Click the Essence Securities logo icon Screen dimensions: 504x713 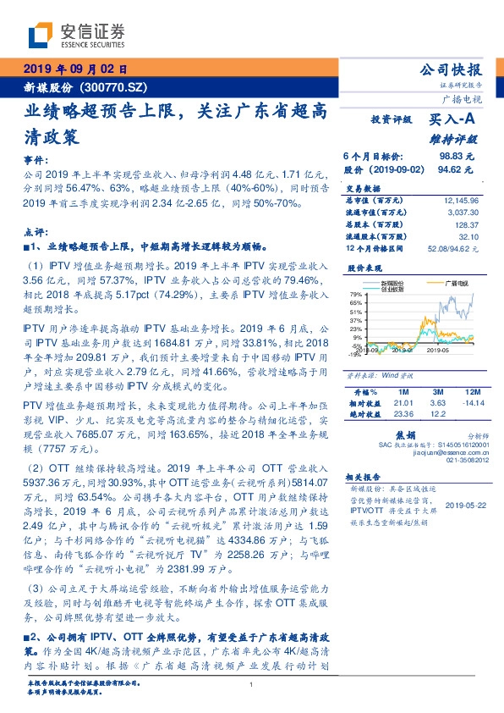pos(42,34)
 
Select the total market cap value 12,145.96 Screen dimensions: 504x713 pos(461,201)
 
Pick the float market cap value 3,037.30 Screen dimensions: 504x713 pos(463,213)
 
